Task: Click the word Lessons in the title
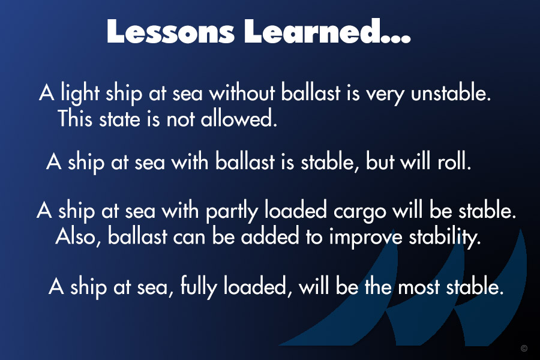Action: [x=170, y=31]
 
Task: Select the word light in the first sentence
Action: [x=80, y=94]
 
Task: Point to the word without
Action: [x=242, y=93]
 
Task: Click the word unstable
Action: [x=451, y=92]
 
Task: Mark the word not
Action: [x=180, y=119]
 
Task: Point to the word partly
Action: [x=232, y=212]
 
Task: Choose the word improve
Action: [x=365, y=238]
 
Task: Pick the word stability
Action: [x=445, y=237]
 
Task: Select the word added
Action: [x=269, y=236]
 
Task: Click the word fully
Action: [x=199, y=287]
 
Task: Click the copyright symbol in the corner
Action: [x=524, y=348]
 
